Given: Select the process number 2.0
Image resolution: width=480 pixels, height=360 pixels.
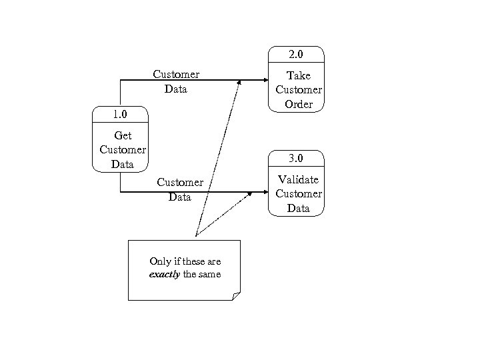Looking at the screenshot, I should (296, 54).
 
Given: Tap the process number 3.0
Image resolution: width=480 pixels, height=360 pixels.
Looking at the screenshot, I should (296, 159).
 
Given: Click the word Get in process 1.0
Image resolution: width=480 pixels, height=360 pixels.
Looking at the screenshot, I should (123, 136).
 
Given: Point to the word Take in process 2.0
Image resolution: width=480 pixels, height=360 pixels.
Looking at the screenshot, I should (298, 75).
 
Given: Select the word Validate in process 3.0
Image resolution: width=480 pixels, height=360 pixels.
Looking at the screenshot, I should (298, 179).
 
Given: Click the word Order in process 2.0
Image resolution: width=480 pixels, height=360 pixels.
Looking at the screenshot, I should (298, 104).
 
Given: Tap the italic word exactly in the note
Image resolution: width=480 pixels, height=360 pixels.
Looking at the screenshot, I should (164, 274).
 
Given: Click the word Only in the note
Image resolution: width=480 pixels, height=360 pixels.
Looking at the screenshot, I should (161, 261).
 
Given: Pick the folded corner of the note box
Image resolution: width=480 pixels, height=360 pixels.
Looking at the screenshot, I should (235, 296).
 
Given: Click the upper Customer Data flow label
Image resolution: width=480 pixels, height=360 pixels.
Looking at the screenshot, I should (176, 81).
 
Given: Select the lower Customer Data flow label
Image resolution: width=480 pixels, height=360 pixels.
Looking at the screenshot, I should (180, 189).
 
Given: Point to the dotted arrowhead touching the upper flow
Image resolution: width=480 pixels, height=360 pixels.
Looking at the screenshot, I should (239, 81).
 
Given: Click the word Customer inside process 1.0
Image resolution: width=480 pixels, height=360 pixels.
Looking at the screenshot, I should (123, 149).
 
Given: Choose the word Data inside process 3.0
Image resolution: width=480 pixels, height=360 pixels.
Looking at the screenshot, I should (298, 208).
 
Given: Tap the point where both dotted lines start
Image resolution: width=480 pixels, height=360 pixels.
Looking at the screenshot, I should (195, 235).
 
